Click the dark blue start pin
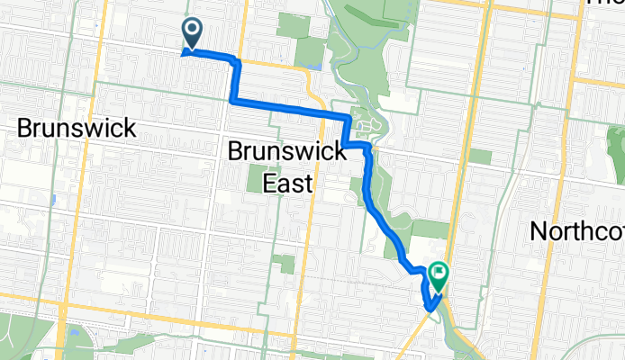point(193,35)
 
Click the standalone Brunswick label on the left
point(77,128)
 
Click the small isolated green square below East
point(285,264)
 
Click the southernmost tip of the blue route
point(431,310)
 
